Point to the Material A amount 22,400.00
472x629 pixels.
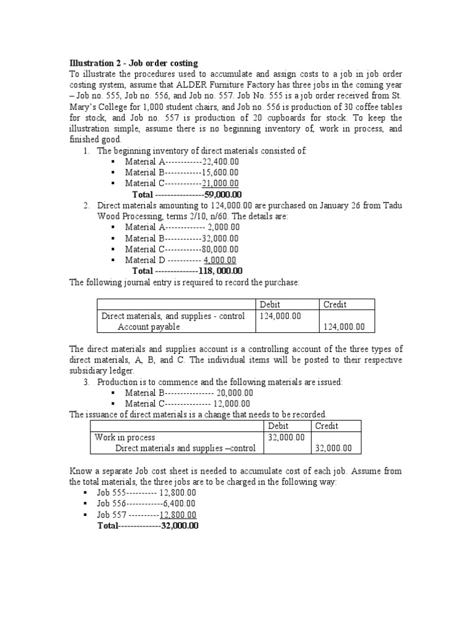[220, 162]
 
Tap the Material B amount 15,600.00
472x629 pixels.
[220, 173]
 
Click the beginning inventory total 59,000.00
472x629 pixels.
[221, 195]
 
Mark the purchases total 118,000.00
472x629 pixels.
[220, 271]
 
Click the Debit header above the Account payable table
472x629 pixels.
[269, 305]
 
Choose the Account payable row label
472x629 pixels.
[149, 327]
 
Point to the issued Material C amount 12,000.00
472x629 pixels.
[232, 404]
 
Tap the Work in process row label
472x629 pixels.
[125, 437]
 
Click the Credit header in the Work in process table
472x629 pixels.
[326, 426]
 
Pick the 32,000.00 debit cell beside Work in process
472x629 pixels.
[286, 437]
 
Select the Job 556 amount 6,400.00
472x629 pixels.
[179, 504]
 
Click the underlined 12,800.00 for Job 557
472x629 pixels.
[178, 515]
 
